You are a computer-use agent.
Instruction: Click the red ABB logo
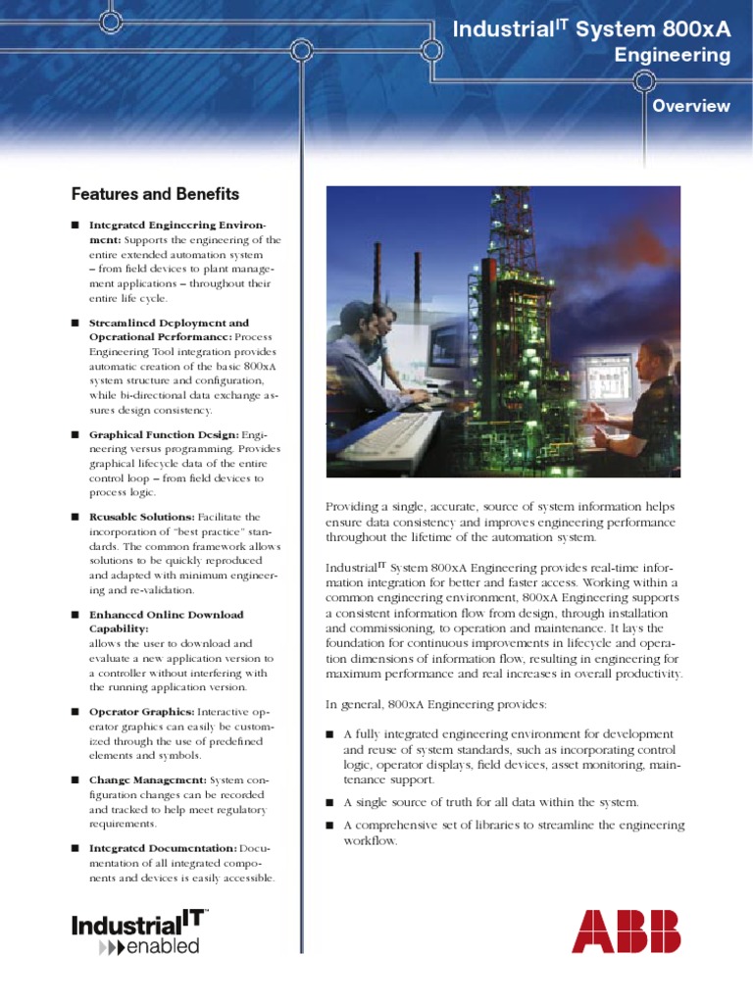tap(626, 930)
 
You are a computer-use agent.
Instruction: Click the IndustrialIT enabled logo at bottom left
tap(138, 931)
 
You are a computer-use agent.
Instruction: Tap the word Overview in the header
tap(691, 106)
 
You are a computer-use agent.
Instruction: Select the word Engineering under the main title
tap(672, 56)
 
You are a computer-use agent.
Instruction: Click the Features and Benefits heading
tap(155, 194)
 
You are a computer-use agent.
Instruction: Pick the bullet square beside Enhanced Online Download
tap(75, 614)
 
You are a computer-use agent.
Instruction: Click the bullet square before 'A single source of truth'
tap(330, 802)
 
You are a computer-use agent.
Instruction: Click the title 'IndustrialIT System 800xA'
tap(591, 30)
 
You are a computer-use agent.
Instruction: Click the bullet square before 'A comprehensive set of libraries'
tap(330, 826)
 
